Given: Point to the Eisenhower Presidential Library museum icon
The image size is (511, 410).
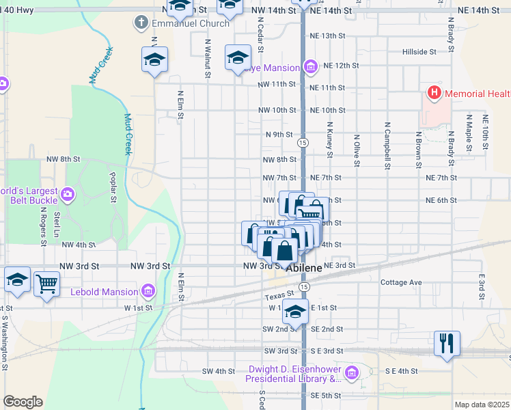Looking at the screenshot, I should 352,372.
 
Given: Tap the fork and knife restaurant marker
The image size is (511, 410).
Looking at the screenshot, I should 447,342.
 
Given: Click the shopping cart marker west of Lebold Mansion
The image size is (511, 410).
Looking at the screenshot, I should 46,282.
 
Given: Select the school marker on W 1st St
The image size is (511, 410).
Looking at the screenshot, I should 295,311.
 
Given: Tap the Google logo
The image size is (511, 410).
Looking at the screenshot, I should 23,402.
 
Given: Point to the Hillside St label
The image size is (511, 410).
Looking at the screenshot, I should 419,52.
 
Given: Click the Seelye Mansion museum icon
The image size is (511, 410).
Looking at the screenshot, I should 310,67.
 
